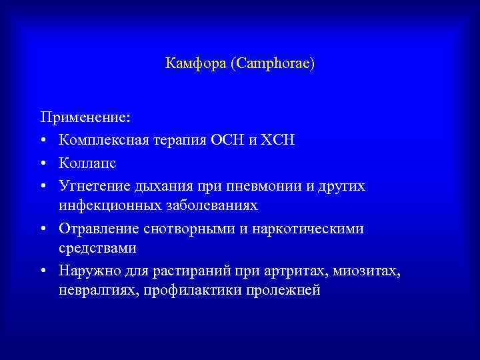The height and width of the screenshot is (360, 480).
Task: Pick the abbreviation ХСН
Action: (279, 140)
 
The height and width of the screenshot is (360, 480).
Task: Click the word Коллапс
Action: (83, 162)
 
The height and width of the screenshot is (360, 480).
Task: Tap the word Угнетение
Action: (91, 184)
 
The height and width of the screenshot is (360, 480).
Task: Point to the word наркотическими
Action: (307, 227)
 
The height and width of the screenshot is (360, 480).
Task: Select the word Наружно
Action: (86, 270)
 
